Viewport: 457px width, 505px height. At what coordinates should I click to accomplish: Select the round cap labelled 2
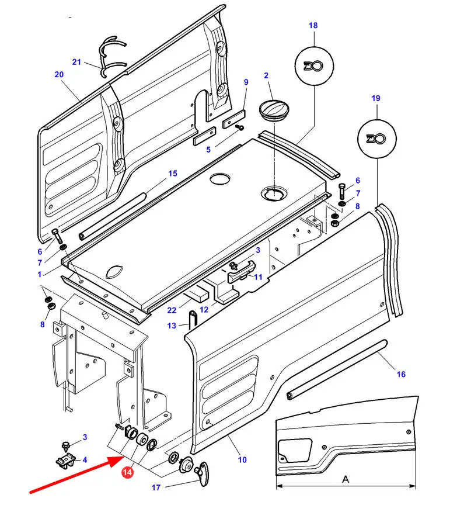(x=273, y=109)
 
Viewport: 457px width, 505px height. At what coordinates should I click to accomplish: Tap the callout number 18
(x=313, y=26)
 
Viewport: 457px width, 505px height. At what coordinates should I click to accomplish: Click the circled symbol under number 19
(x=375, y=139)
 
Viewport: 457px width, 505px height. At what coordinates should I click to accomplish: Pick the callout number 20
(x=59, y=74)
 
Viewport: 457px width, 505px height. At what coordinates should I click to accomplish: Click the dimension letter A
(x=346, y=478)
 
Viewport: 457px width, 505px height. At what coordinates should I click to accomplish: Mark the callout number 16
(x=401, y=374)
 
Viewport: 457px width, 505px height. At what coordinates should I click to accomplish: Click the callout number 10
(x=242, y=459)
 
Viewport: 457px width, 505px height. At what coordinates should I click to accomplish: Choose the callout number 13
(x=172, y=326)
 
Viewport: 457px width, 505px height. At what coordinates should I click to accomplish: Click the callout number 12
(x=204, y=309)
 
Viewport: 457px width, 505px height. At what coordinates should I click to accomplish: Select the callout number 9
(x=246, y=82)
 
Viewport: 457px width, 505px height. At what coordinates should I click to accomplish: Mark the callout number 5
(x=208, y=150)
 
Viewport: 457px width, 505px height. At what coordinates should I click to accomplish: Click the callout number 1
(x=40, y=274)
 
